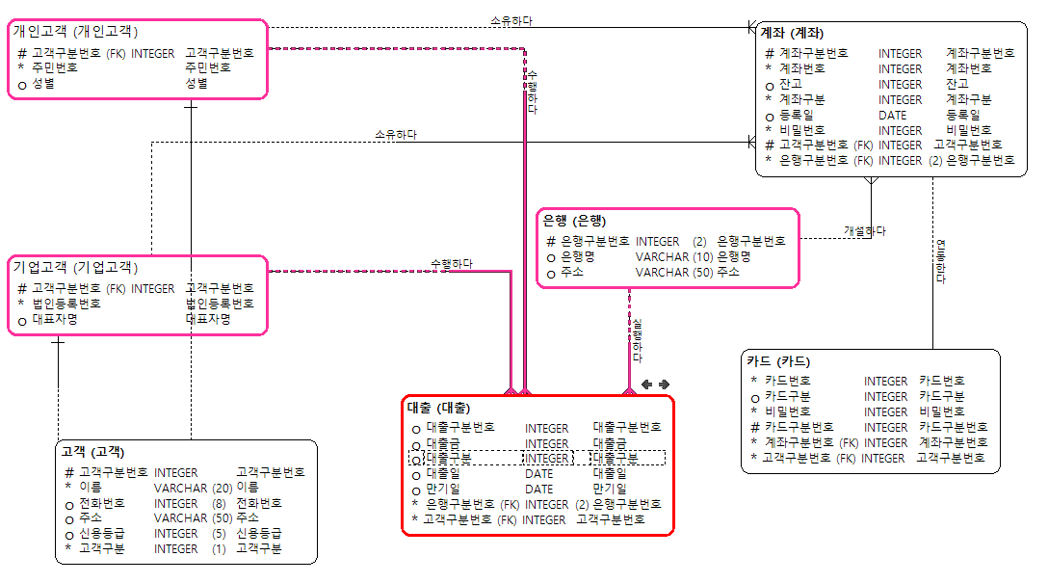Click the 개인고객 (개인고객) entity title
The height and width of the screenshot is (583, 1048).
(75, 32)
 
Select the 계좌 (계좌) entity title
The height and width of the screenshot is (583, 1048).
(792, 34)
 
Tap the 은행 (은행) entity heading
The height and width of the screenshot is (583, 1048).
(576, 220)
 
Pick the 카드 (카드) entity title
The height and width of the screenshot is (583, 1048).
(778, 361)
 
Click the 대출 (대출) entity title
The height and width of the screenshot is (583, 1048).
(439, 408)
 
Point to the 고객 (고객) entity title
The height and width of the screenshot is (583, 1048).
(92, 452)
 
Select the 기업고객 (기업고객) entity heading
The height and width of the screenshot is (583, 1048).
(75, 267)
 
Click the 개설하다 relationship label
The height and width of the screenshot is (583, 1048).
(864, 231)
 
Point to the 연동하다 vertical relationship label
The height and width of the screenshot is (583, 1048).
(941, 260)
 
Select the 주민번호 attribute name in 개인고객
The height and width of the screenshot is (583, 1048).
(54, 68)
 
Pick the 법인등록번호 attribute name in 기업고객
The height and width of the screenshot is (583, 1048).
(65, 304)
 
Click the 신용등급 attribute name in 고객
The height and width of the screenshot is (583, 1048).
(100, 534)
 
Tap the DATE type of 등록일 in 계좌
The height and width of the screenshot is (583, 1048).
(892, 116)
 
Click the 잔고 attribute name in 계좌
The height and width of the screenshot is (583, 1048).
(790, 85)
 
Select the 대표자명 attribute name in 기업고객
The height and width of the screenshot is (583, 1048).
(54, 319)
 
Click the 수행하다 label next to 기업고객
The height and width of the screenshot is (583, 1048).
(451, 264)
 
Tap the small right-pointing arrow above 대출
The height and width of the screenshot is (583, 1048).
(664, 384)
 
